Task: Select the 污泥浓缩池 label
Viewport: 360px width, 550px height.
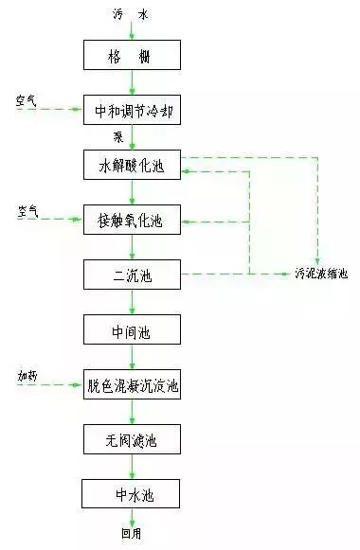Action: tap(322, 275)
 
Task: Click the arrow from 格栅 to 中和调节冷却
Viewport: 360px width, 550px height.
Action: tap(132, 83)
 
